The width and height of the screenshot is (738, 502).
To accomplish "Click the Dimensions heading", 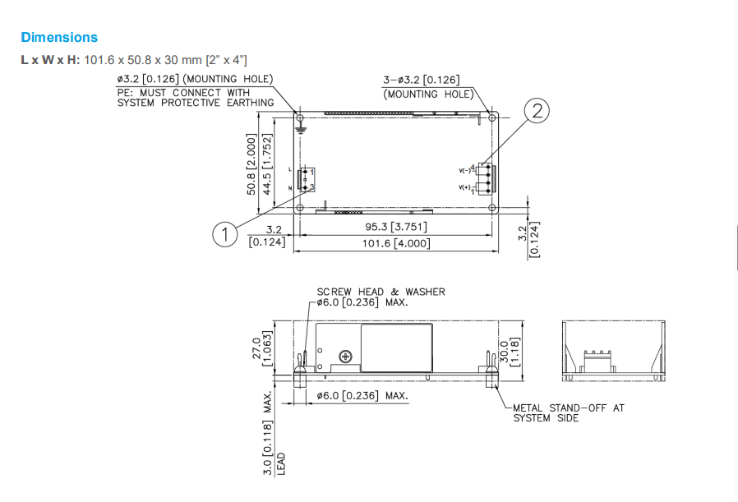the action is pos(59,37).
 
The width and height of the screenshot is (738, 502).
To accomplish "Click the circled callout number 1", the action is pos(224,234).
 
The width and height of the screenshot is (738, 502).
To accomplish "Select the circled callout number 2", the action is pos(537,111).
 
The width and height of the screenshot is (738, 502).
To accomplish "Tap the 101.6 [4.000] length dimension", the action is pos(396,243).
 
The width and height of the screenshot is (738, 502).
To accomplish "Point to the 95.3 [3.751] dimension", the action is pos(396,227).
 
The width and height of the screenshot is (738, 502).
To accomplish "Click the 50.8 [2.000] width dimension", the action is pos(251,163).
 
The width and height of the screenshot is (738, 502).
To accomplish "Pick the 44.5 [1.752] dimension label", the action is pos(267,163).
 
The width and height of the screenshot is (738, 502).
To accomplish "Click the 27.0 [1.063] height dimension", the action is pos(261,348).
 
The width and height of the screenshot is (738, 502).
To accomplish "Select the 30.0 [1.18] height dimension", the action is pos(510,352).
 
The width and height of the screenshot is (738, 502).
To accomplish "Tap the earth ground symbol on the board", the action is pos(300,128).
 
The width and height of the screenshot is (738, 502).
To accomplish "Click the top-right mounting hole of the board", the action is pos(491,117).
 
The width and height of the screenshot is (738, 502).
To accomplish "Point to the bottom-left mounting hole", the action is pos(300,208).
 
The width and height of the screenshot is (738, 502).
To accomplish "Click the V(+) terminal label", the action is pos(464,187).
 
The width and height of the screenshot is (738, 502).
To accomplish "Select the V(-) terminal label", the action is pos(464,170).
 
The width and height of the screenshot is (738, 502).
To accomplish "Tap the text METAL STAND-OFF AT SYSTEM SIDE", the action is pos(569,413).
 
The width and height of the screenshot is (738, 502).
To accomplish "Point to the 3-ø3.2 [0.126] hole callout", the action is pos(422,80).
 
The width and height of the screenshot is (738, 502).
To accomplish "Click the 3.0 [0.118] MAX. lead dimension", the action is pos(267,433).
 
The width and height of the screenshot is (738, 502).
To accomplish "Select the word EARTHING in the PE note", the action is pos(251,103).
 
